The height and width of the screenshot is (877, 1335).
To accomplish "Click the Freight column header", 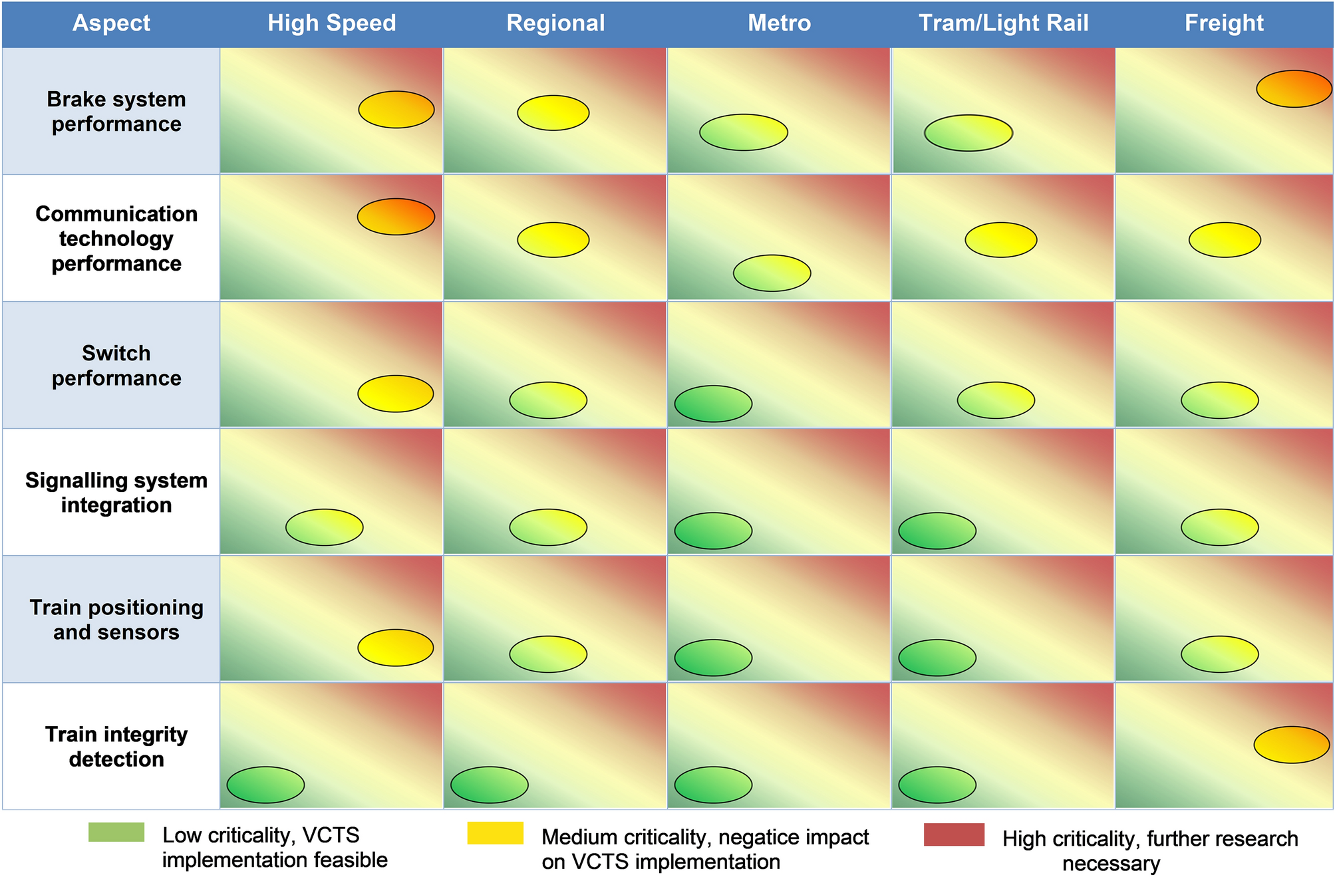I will [1223, 23].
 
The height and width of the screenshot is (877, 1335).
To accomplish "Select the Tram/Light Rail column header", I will [1003, 23].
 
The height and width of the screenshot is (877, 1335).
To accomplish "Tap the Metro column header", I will [779, 23].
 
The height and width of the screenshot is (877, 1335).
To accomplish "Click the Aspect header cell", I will [111, 23].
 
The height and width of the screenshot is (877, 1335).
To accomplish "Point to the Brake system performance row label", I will [116, 111].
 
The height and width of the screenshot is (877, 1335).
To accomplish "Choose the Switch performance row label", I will [116, 365].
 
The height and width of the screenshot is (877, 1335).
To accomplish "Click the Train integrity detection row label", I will [116, 746].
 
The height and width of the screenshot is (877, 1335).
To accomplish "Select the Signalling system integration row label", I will [116, 492].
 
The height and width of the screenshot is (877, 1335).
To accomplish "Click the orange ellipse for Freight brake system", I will [1294, 88].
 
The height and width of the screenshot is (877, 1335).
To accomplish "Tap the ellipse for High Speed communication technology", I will [396, 216].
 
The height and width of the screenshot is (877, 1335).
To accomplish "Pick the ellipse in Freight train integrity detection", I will [1291, 744].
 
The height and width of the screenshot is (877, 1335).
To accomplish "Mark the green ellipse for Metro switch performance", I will [713, 404].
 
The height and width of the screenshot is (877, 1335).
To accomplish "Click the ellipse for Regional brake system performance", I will [553, 112].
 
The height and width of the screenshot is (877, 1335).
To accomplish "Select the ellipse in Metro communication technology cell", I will [772, 273].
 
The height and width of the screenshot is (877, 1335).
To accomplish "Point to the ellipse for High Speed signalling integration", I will [324, 527].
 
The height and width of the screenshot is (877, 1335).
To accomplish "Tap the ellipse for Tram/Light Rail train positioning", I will [937, 658].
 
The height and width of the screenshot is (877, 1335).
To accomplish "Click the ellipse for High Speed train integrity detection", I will [265, 785].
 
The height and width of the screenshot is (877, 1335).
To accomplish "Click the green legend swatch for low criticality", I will [116, 832].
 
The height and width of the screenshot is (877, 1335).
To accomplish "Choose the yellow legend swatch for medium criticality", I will [495, 833].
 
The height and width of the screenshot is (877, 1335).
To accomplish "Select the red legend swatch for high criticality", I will [953, 834].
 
